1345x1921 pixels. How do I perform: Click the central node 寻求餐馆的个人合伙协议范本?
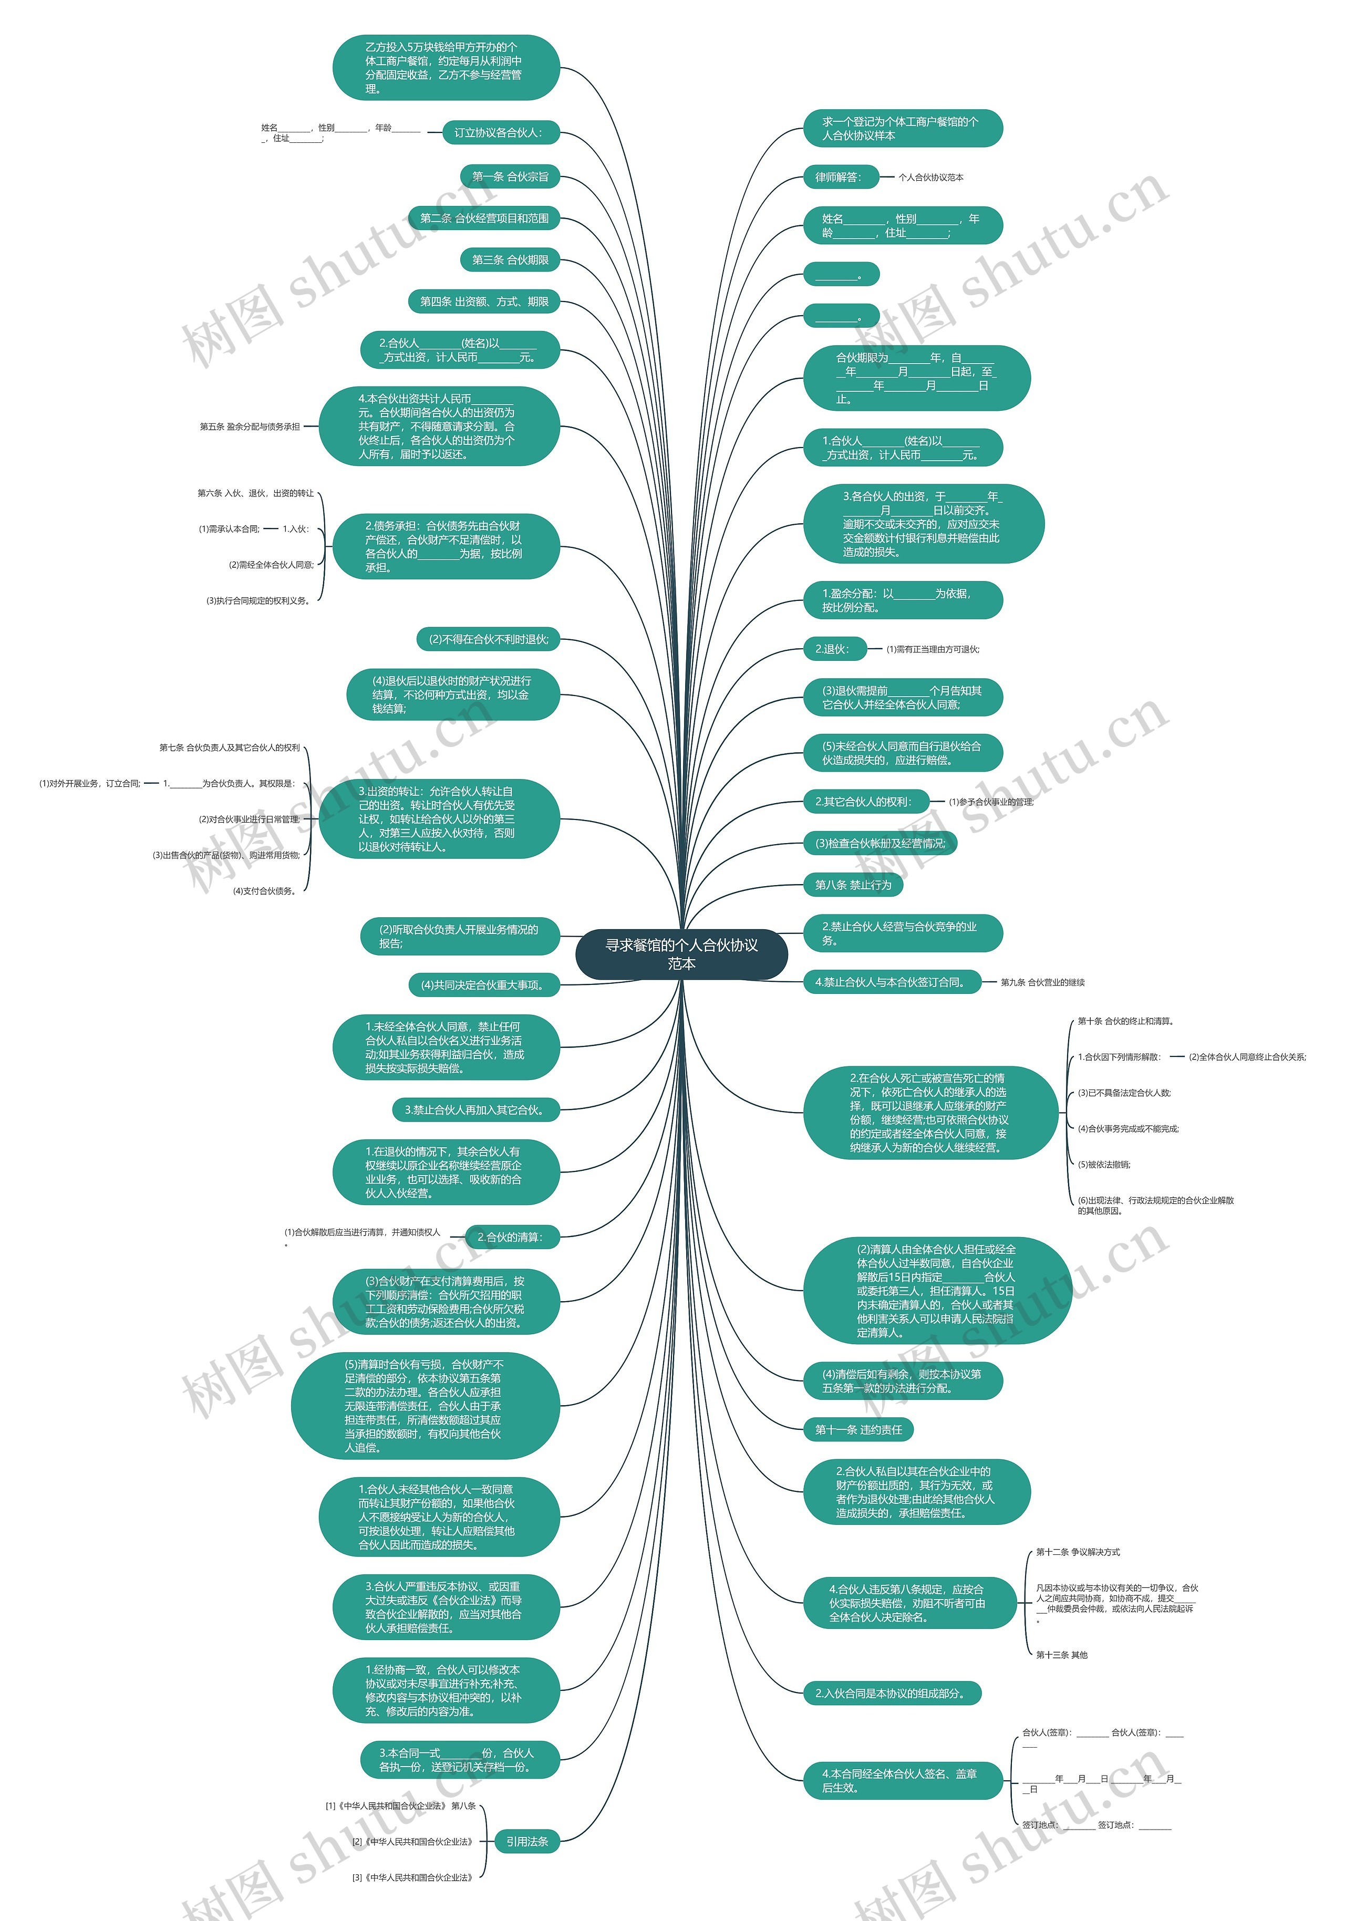pos(681,954)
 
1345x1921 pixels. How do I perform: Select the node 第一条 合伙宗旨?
pos(510,176)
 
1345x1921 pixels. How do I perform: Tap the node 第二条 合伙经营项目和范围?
pos(484,219)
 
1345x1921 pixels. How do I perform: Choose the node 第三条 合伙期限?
pos(510,260)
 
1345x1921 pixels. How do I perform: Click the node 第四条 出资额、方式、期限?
pos(484,301)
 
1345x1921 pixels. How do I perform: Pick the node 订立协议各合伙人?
pos(499,132)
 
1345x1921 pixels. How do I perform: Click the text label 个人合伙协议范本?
pos(930,178)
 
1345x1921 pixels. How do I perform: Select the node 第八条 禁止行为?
pos(853,885)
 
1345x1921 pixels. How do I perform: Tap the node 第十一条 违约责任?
pos(858,1430)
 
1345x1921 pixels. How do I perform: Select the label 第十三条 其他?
pos(1061,1655)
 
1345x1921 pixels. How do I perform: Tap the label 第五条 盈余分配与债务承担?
pos(250,427)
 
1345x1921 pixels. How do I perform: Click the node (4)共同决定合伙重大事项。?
pos(483,985)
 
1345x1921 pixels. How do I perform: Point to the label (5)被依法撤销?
pos(1103,1165)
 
